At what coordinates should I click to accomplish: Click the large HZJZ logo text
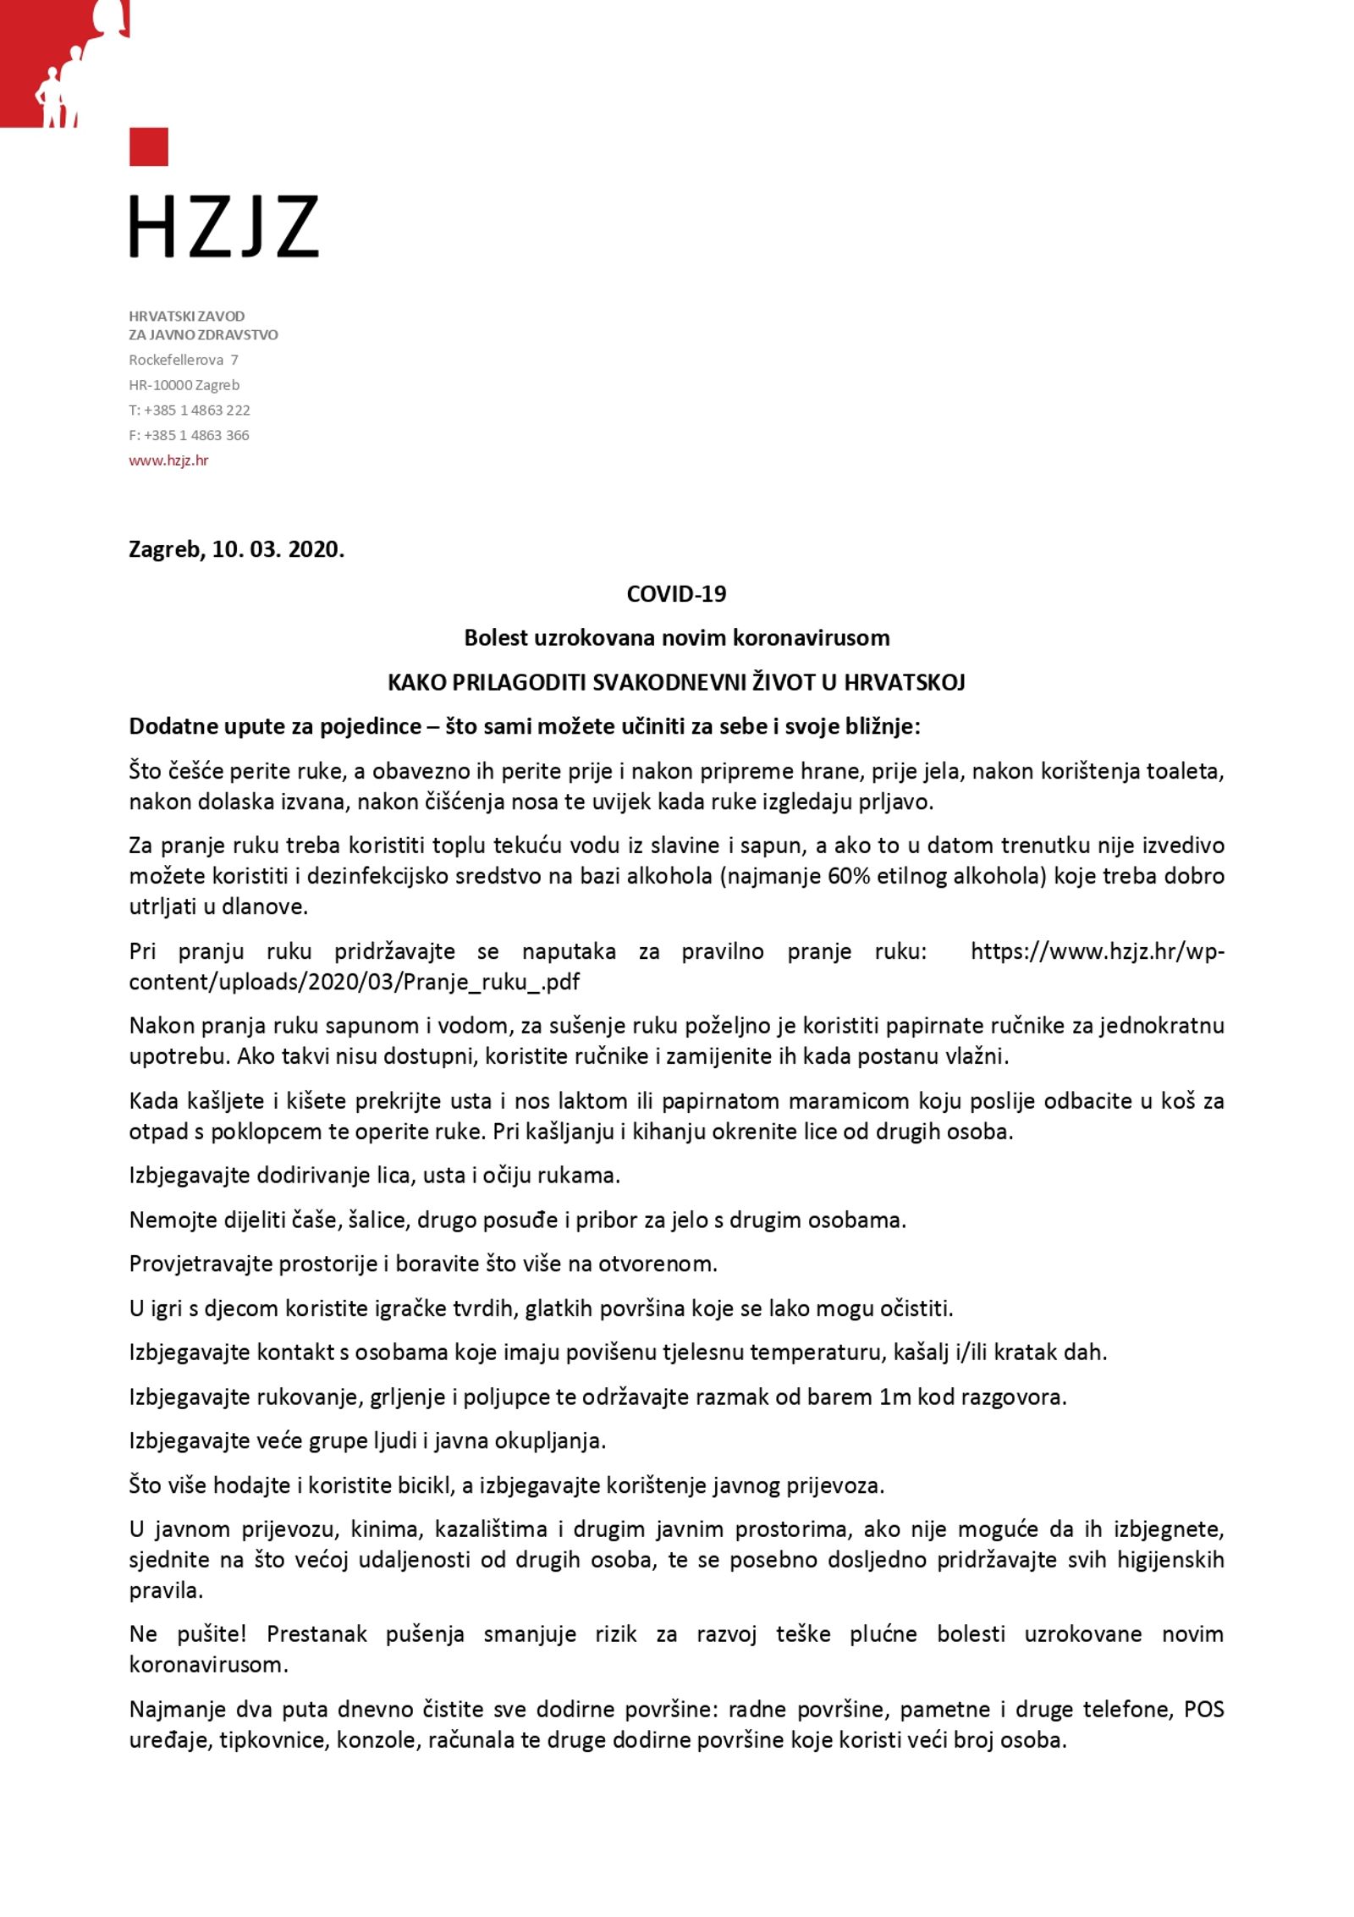pyautogui.click(x=223, y=226)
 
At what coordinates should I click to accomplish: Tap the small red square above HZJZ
pyautogui.click(x=148, y=146)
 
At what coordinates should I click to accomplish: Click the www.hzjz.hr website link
pyautogui.click(x=168, y=460)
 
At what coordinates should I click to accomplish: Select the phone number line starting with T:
pyautogui.click(x=189, y=410)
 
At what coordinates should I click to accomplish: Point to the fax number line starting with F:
pyautogui.click(x=189, y=435)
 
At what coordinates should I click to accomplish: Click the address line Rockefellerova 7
pyautogui.click(x=183, y=360)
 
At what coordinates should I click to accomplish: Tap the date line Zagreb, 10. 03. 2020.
pyautogui.click(x=236, y=549)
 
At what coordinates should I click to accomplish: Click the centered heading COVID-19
pyautogui.click(x=676, y=593)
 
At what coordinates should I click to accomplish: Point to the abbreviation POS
pyautogui.click(x=1203, y=1710)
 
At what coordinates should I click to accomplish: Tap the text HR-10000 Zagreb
pyautogui.click(x=184, y=385)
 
